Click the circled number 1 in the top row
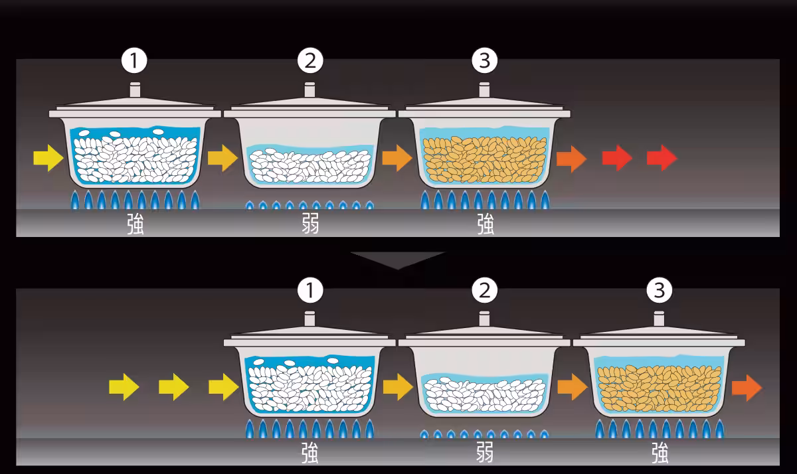(134, 60)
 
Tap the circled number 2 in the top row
(310, 60)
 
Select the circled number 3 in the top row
(485, 60)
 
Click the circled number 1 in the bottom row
(310, 290)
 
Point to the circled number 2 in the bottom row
(485, 290)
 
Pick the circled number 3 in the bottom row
(660, 290)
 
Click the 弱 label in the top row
(310, 224)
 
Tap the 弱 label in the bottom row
(485, 452)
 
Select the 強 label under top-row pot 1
(135, 224)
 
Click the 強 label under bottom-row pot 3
(660, 453)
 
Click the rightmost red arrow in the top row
(662, 158)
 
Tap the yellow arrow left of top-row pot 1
(48, 158)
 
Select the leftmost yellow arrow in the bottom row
(124, 387)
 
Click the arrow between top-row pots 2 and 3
(397, 158)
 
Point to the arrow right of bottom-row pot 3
(747, 388)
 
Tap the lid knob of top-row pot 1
(135, 90)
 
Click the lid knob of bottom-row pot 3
(659, 319)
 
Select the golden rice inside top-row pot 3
(485, 159)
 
